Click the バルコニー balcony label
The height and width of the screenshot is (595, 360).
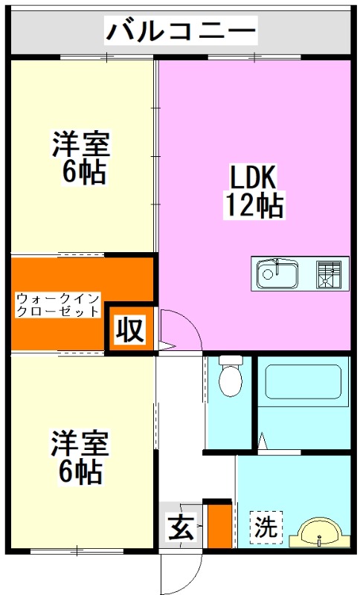click(181, 31)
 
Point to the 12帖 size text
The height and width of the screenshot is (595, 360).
click(253, 204)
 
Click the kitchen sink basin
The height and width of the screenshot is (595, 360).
click(277, 276)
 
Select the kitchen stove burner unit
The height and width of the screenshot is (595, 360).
click(332, 274)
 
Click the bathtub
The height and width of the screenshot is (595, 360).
click(302, 386)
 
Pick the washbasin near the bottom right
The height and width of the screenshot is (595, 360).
click(321, 535)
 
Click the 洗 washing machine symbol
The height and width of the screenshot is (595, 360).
click(265, 528)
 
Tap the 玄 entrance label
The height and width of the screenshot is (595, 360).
click(180, 530)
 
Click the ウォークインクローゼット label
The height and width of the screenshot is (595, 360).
click(57, 306)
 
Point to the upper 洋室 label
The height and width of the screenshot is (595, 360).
click(80, 144)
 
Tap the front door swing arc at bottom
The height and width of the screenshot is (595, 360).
click(181, 573)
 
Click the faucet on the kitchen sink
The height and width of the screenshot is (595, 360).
click(277, 265)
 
